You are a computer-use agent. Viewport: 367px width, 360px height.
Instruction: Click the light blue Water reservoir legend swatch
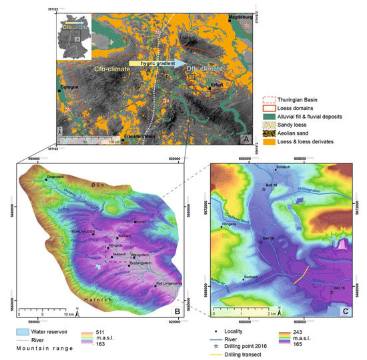click(x=25, y=331)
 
